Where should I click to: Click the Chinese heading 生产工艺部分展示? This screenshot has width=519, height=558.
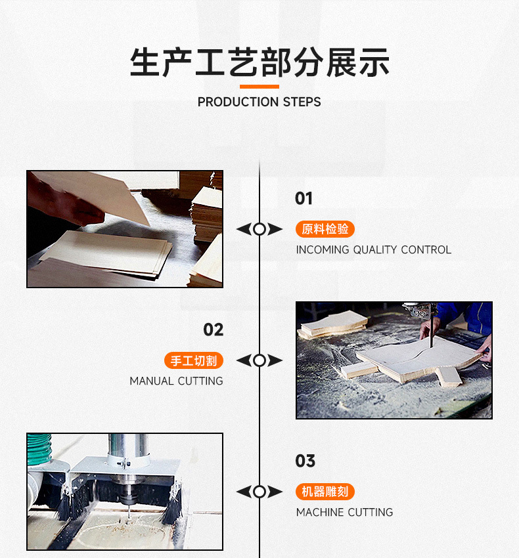pyautogui.click(x=259, y=62)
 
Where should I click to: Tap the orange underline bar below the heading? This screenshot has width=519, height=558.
pyautogui.click(x=259, y=87)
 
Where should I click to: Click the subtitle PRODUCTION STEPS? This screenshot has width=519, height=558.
pyautogui.click(x=259, y=102)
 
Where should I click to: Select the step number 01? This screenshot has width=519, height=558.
pyautogui.click(x=304, y=198)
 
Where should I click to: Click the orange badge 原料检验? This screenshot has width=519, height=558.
pyautogui.click(x=325, y=229)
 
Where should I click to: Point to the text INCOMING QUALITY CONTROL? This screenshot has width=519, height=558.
pyautogui.click(x=373, y=249)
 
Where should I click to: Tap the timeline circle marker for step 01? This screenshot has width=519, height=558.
pyautogui.click(x=259, y=229)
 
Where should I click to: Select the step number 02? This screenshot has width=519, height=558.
pyautogui.click(x=213, y=330)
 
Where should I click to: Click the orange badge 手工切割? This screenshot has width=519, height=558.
pyautogui.click(x=194, y=360)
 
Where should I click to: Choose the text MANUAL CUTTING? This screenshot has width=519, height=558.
pyautogui.click(x=176, y=381)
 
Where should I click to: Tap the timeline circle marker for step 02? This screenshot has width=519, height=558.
pyautogui.click(x=259, y=360)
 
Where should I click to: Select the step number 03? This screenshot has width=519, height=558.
pyautogui.click(x=305, y=461)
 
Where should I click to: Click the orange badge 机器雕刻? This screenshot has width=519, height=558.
pyautogui.click(x=325, y=492)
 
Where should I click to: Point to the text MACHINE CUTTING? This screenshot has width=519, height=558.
pyautogui.click(x=344, y=512)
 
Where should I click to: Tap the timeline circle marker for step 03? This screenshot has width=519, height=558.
pyautogui.click(x=259, y=492)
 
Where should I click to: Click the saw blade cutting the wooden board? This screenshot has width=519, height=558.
pyautogui.click(x=431, y=335)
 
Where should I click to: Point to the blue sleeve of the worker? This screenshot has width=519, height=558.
pyautogui.click(x=470, y=315)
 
